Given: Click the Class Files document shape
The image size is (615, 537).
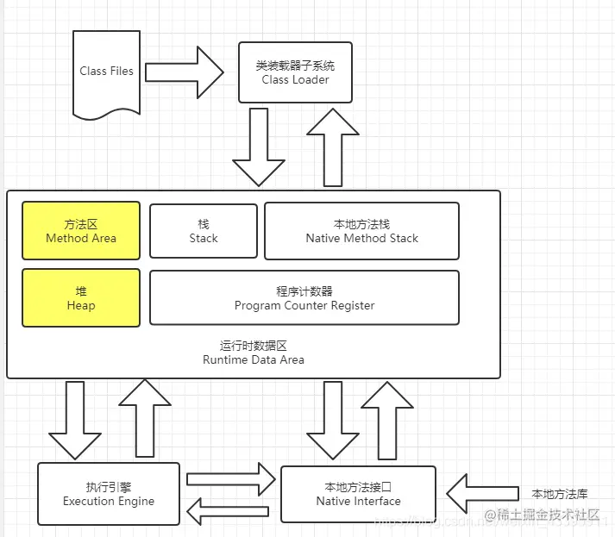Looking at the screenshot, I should click(106, 72).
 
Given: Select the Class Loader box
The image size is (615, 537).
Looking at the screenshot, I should click(295, 72).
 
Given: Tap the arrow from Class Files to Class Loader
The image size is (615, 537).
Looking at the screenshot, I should click(184, 71).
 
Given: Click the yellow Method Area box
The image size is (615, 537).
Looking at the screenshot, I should click(81, 231).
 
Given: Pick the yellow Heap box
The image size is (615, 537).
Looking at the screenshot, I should click(81, 298).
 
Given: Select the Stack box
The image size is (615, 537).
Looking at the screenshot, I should click(204, 231).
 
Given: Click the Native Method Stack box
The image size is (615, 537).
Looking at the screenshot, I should click(361, 231).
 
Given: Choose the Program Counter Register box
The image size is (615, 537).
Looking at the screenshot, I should click(304, 298).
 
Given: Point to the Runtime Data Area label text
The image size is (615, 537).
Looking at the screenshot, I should click(253, 353).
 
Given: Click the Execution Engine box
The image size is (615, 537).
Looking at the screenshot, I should click(109, 494).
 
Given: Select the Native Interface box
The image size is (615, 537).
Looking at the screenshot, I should click(358, 494).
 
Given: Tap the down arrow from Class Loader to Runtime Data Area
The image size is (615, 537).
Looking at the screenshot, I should click(259, 147).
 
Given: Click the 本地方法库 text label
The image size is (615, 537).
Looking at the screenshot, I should click(559, 494).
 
